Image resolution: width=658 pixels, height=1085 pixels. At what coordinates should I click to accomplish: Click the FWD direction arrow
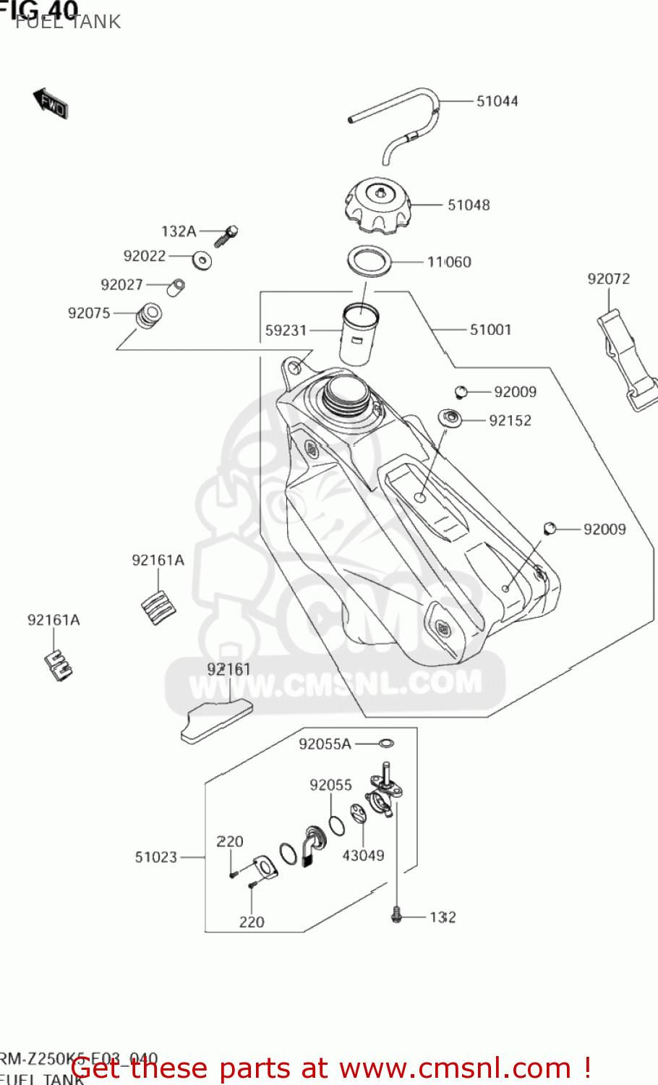[51, 103]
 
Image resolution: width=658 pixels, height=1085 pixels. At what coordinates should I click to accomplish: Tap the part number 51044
[497, 101]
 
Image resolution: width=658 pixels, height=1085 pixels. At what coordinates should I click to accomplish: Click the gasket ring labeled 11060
[370, 261]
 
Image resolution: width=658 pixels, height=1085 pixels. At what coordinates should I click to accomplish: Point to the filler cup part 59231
[359, 335]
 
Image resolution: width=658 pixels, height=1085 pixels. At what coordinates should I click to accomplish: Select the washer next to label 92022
[202, 259]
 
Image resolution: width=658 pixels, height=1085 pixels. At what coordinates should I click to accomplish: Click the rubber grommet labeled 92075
[150, 315]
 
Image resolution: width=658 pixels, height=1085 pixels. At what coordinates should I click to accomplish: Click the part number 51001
[490, 330]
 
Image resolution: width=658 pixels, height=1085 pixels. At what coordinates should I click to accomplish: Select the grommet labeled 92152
[450, 418]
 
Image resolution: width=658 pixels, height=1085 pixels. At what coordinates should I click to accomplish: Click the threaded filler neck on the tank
[347, 394]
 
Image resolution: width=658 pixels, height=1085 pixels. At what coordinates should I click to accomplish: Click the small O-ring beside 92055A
[386, 743]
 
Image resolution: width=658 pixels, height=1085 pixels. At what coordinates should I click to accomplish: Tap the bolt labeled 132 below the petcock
[396, 916]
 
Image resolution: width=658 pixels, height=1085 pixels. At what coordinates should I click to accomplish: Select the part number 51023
[155, 857]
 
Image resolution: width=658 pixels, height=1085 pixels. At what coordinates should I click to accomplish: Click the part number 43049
[363, 856]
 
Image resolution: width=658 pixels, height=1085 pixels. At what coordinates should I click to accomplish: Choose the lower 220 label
[252, 922]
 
